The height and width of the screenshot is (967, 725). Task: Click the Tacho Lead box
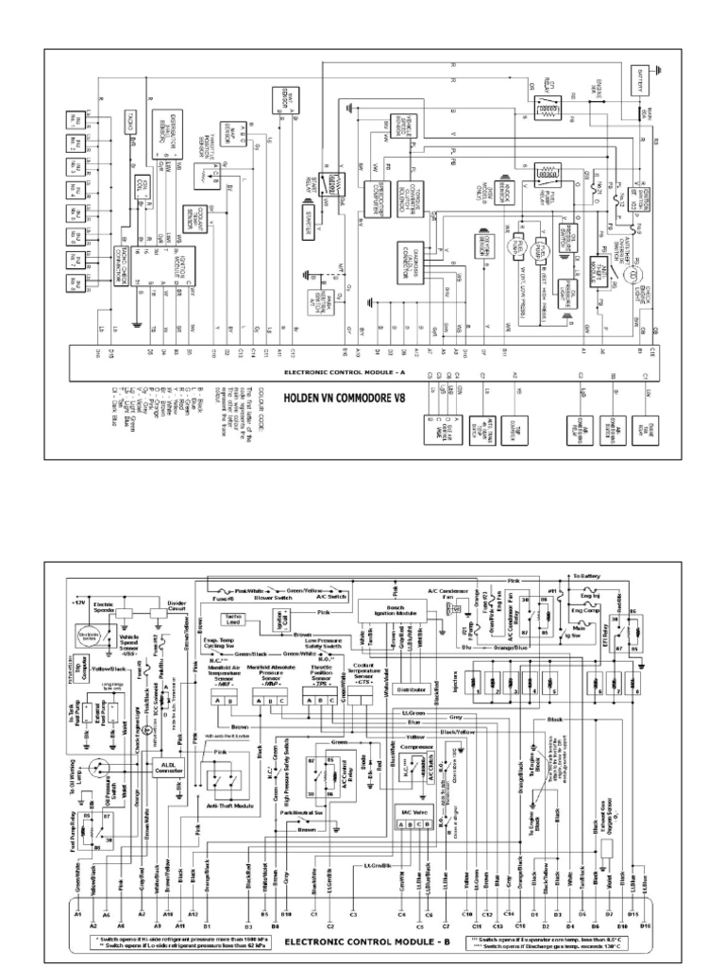235,619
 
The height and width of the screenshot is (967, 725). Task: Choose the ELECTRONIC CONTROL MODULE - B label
363,941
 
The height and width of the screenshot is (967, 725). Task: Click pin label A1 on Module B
77,914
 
